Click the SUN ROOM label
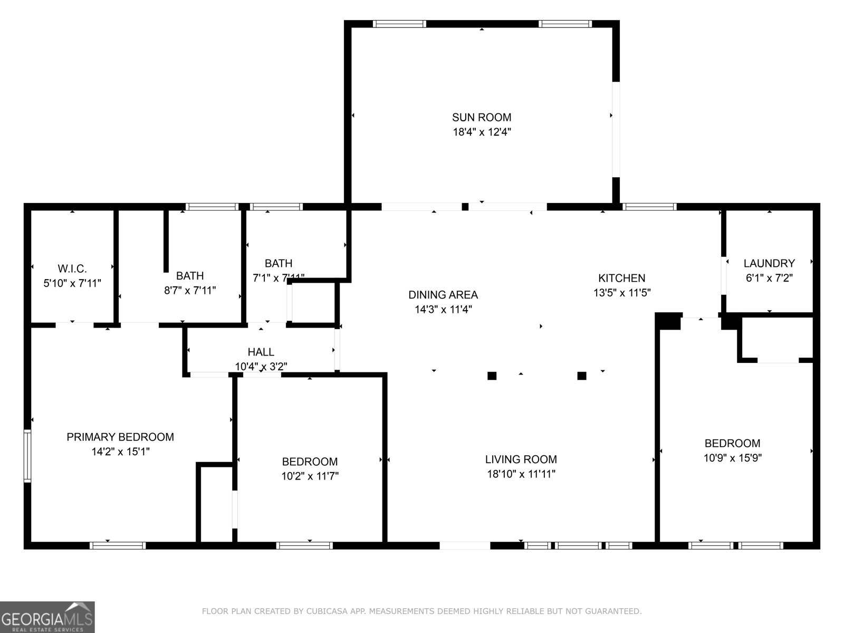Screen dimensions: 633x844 [481, 117]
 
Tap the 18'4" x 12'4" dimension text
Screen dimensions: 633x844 [481, 132]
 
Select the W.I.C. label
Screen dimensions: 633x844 [72, 268]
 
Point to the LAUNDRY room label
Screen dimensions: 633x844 [769, 263]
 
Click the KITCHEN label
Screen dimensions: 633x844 [621, 278]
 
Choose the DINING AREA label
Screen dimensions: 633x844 [443, 295]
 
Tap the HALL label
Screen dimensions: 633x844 [261, 352]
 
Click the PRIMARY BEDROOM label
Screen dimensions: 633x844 [120, 437]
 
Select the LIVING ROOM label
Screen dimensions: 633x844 [521, 459]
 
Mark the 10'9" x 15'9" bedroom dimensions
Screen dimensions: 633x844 [732, 458]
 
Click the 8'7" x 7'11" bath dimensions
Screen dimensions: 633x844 [190, 290]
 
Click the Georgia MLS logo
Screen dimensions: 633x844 [47, 617]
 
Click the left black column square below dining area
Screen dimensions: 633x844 [492, 376]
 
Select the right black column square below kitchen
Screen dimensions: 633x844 [582, 376]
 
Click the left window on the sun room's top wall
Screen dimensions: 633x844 [399, 24]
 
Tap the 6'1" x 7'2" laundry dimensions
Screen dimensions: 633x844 [769, 278]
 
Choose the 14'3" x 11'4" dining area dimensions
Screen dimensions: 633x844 [443, 310]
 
